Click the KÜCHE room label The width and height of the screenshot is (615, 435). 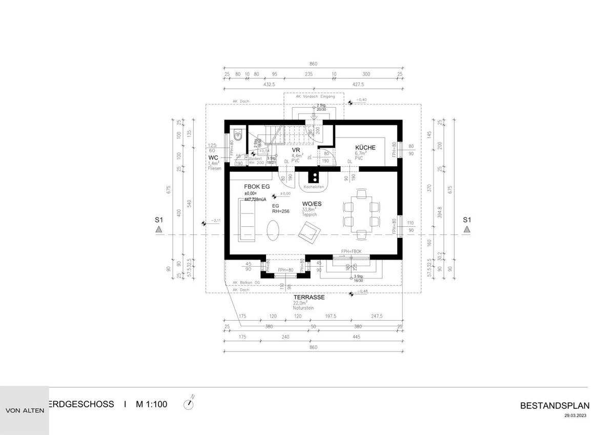pos(365,148)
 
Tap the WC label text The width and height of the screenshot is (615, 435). pos(214,157)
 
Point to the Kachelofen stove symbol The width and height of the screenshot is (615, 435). pos(312,178)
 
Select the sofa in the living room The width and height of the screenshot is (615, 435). pos(246,220)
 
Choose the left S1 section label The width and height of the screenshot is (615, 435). pos(159,220)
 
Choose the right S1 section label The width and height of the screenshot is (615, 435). pos(466,220)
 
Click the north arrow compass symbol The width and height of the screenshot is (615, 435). pos(190,403)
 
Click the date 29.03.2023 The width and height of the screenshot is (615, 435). pos(574,416)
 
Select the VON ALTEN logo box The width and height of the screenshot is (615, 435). pos(24,410)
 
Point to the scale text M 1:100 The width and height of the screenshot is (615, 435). pos(151,404)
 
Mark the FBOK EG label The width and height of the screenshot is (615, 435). pos(257,187)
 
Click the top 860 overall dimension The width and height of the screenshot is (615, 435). pos(314,64)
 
